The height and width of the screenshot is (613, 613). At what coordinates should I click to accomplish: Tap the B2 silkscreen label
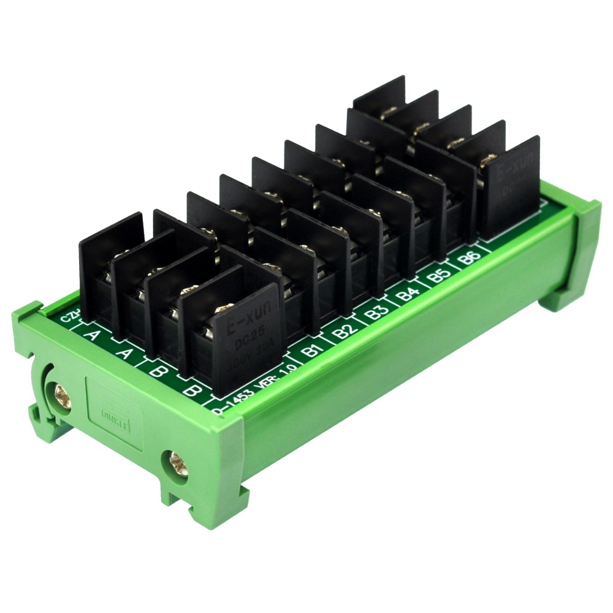345,334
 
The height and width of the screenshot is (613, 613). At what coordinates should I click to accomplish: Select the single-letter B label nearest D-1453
191,389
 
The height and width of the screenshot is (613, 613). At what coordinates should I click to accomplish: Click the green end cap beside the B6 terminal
582,245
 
